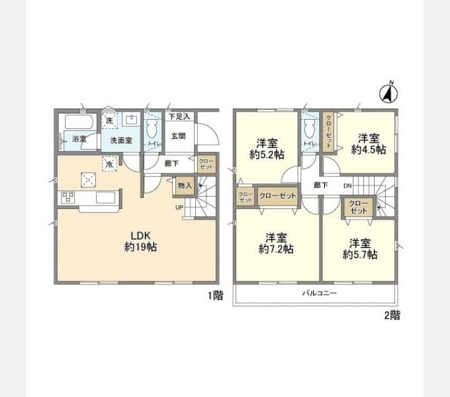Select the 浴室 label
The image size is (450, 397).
tap(79, 140)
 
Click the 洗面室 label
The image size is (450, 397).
tap(121, 140)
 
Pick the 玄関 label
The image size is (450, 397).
tap(178, 136)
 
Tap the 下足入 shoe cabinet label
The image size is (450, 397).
tap(179, 116)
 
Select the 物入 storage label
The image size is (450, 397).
tap(185, 186)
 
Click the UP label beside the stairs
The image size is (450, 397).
tap(179, 207)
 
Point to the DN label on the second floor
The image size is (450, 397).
tap(347, 186)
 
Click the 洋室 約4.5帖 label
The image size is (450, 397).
tap(369, 144)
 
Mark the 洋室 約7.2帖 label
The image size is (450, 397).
tap(276, 243)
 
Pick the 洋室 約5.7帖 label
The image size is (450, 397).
tap(360, 248)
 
